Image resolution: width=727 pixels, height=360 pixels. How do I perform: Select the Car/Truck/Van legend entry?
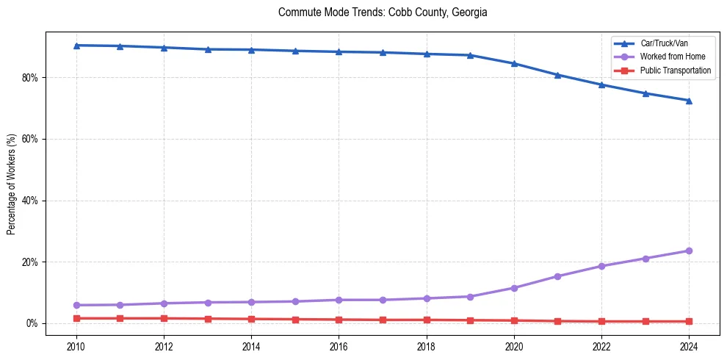point(664,43)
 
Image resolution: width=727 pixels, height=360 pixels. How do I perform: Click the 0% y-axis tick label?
point(33,323)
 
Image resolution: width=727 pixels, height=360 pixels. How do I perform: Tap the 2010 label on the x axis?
point(76,345)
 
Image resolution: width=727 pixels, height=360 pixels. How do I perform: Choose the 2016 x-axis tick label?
point(339,345)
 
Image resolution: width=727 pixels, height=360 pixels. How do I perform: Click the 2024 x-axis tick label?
point(689,345)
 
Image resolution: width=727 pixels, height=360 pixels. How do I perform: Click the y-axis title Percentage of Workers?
point(12,184)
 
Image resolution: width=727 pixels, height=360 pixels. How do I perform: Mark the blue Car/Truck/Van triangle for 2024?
point(689,101)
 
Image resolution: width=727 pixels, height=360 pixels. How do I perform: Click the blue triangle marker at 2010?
point(76,46)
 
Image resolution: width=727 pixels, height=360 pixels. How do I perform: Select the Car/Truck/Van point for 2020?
point(514,63)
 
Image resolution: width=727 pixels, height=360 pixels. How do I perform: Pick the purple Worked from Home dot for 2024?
point(689,251)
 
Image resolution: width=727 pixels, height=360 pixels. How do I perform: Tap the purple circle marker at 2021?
point(557,276)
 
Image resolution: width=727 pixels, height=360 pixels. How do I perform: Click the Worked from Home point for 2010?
point(76,305)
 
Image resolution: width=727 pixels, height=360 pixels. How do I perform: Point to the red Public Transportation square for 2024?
point(689,321)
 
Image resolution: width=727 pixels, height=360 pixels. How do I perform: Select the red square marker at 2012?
point(164,318)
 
